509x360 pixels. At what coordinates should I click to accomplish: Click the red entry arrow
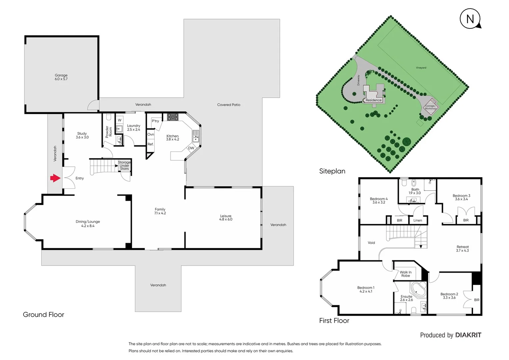[x=55, y=178]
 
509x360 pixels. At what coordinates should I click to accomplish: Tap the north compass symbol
[x=470, y=19]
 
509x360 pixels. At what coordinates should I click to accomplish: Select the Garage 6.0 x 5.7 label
[x=61, y=77]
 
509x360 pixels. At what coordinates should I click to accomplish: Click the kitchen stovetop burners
[x=173, y=117]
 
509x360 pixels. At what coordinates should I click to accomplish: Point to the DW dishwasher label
[x=191, y=148]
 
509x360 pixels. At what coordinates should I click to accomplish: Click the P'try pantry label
[x=155, y=121]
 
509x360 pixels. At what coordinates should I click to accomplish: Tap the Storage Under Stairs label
[x=124, y=166]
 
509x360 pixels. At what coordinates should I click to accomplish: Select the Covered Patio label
[x=229, y=105]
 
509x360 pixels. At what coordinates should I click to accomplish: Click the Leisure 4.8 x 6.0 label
[x=226, y=218]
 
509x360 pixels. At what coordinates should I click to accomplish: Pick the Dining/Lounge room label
[x=88, y=224]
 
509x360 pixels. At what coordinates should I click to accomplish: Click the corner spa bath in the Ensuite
[x=418, y=289]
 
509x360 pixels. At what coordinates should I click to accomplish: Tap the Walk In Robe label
[x=405, y=274]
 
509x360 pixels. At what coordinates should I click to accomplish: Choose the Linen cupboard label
[x=418, y=220]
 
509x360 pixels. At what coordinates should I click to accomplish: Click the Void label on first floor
[x=371, y=243]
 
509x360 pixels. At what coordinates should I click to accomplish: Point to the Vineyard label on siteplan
[x=421, y=68]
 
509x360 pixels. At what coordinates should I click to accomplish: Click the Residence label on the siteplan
[x=373, y=100]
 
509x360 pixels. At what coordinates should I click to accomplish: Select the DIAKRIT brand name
[x=468, y=335]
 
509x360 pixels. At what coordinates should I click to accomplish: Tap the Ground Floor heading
[x=43, y=315]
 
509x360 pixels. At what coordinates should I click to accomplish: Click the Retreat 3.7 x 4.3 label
[x=462, y=249]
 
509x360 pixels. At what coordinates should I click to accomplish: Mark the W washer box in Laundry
[x=120, y=120]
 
